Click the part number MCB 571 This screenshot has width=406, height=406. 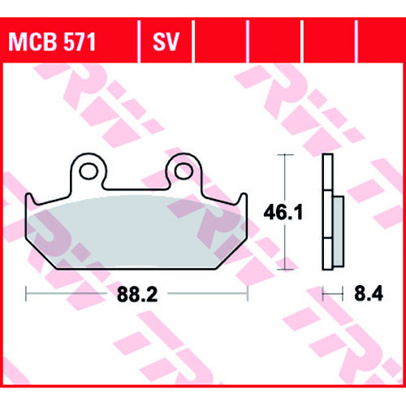point(52,42)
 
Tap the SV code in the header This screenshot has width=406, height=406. point(166,42)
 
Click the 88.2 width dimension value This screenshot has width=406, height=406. point(137,295)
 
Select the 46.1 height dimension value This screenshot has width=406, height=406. point(283,213)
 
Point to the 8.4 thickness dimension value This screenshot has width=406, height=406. point(369,294)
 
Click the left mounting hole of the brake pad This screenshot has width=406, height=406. point(89,171)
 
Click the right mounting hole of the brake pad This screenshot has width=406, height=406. point(184,171)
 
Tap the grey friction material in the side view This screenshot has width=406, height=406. point(339,231)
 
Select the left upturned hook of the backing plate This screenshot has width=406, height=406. point(30,199)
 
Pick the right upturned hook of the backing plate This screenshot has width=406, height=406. point(243,199)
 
